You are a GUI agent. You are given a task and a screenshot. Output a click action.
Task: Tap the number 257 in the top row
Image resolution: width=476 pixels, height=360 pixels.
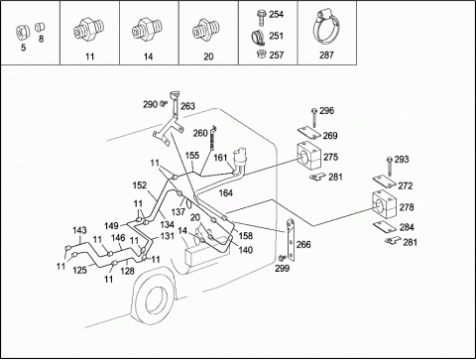tap(277, 55)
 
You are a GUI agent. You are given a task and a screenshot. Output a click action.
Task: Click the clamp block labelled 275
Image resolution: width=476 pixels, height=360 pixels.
tap(308, 155)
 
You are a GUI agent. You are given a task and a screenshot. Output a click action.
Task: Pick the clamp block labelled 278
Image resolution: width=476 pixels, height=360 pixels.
tap(384, 204)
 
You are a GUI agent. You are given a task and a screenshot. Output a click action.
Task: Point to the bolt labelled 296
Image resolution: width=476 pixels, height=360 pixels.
tap(314, 118)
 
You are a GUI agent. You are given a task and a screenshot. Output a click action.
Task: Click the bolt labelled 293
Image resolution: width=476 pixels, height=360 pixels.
tap(390, 168)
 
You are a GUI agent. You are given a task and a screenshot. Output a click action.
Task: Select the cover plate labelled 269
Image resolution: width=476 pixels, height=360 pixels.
tap(309, 134)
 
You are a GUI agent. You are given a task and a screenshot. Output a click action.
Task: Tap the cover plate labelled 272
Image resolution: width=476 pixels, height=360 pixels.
tap(385, 181)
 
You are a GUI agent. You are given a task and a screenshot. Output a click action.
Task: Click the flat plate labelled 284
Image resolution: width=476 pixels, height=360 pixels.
tap(385, 227)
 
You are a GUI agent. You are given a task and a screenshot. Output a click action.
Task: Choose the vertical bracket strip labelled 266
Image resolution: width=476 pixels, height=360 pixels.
tap(291, 239)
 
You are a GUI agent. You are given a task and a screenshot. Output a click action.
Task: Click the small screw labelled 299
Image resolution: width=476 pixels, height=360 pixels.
tap(282, 258)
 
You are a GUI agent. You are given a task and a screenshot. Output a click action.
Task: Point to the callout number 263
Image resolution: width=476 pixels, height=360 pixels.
tap(187, 106)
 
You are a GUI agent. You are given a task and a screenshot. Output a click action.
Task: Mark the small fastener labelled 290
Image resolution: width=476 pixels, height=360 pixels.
tap(163, 104)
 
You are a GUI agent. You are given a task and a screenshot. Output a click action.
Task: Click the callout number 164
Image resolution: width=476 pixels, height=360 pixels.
tap(226, 192)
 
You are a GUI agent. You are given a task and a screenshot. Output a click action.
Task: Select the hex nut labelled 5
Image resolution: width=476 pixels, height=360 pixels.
tap(23, 32)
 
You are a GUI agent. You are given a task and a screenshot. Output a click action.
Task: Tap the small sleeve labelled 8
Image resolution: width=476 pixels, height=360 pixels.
tap(40, 27)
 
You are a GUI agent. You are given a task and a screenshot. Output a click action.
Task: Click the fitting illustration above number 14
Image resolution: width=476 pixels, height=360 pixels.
tap(148, 29)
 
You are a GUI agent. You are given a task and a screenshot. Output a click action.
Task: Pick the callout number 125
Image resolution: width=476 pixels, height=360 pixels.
tap(79, 270)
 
